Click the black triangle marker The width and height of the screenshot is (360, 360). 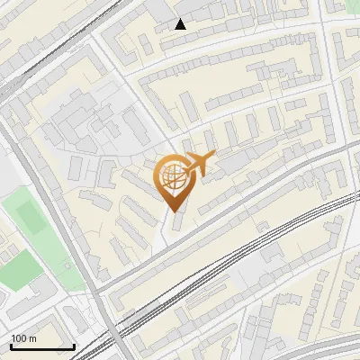[181, 24]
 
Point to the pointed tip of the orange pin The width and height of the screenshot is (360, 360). [172, 211]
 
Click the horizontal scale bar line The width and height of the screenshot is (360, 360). [41, 346]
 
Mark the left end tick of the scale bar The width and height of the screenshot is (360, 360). [10, 346]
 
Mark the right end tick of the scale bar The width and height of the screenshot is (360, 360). [74, 346]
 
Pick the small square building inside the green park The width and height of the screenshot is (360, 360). [67, 268]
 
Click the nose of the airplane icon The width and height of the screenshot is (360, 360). [212, 157]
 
